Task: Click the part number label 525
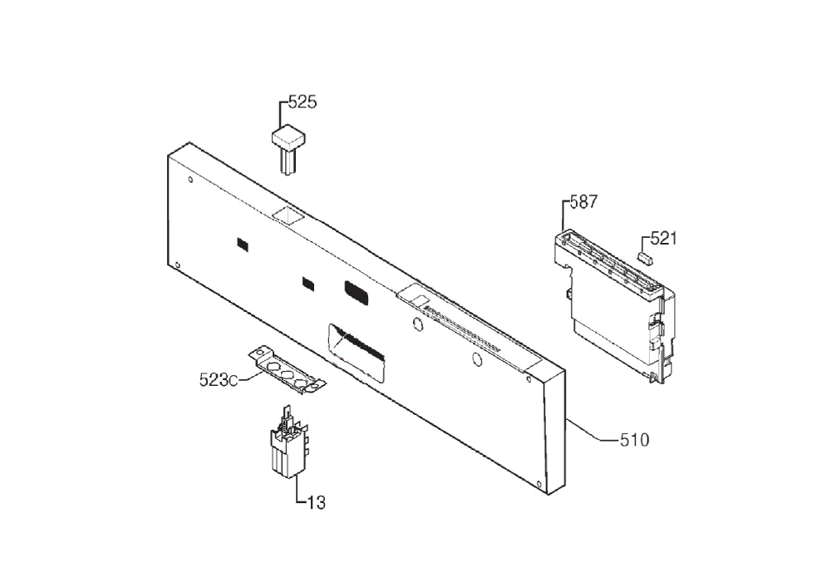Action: click(302, 101)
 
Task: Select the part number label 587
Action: click(583, 201)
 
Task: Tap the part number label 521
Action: click(663, 239)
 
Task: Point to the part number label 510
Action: click(634, 439)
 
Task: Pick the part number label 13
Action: click(317, 502)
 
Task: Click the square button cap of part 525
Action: click(288, 137)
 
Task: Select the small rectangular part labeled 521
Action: click(646, 258)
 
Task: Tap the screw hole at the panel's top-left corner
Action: click(190, 179)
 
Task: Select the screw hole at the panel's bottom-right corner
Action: click(539, 483)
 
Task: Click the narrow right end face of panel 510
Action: click(555, 432)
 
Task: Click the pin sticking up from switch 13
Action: click(287, 414)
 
